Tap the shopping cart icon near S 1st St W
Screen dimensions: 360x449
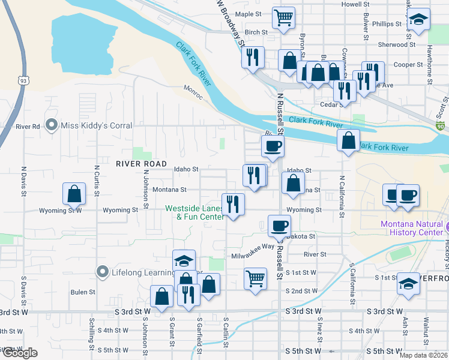coord(255,278)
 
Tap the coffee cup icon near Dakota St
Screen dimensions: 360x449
coord(279,226)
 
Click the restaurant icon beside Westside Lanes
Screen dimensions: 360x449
coord(232,204)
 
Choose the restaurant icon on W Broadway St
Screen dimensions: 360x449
coord(253,57)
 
